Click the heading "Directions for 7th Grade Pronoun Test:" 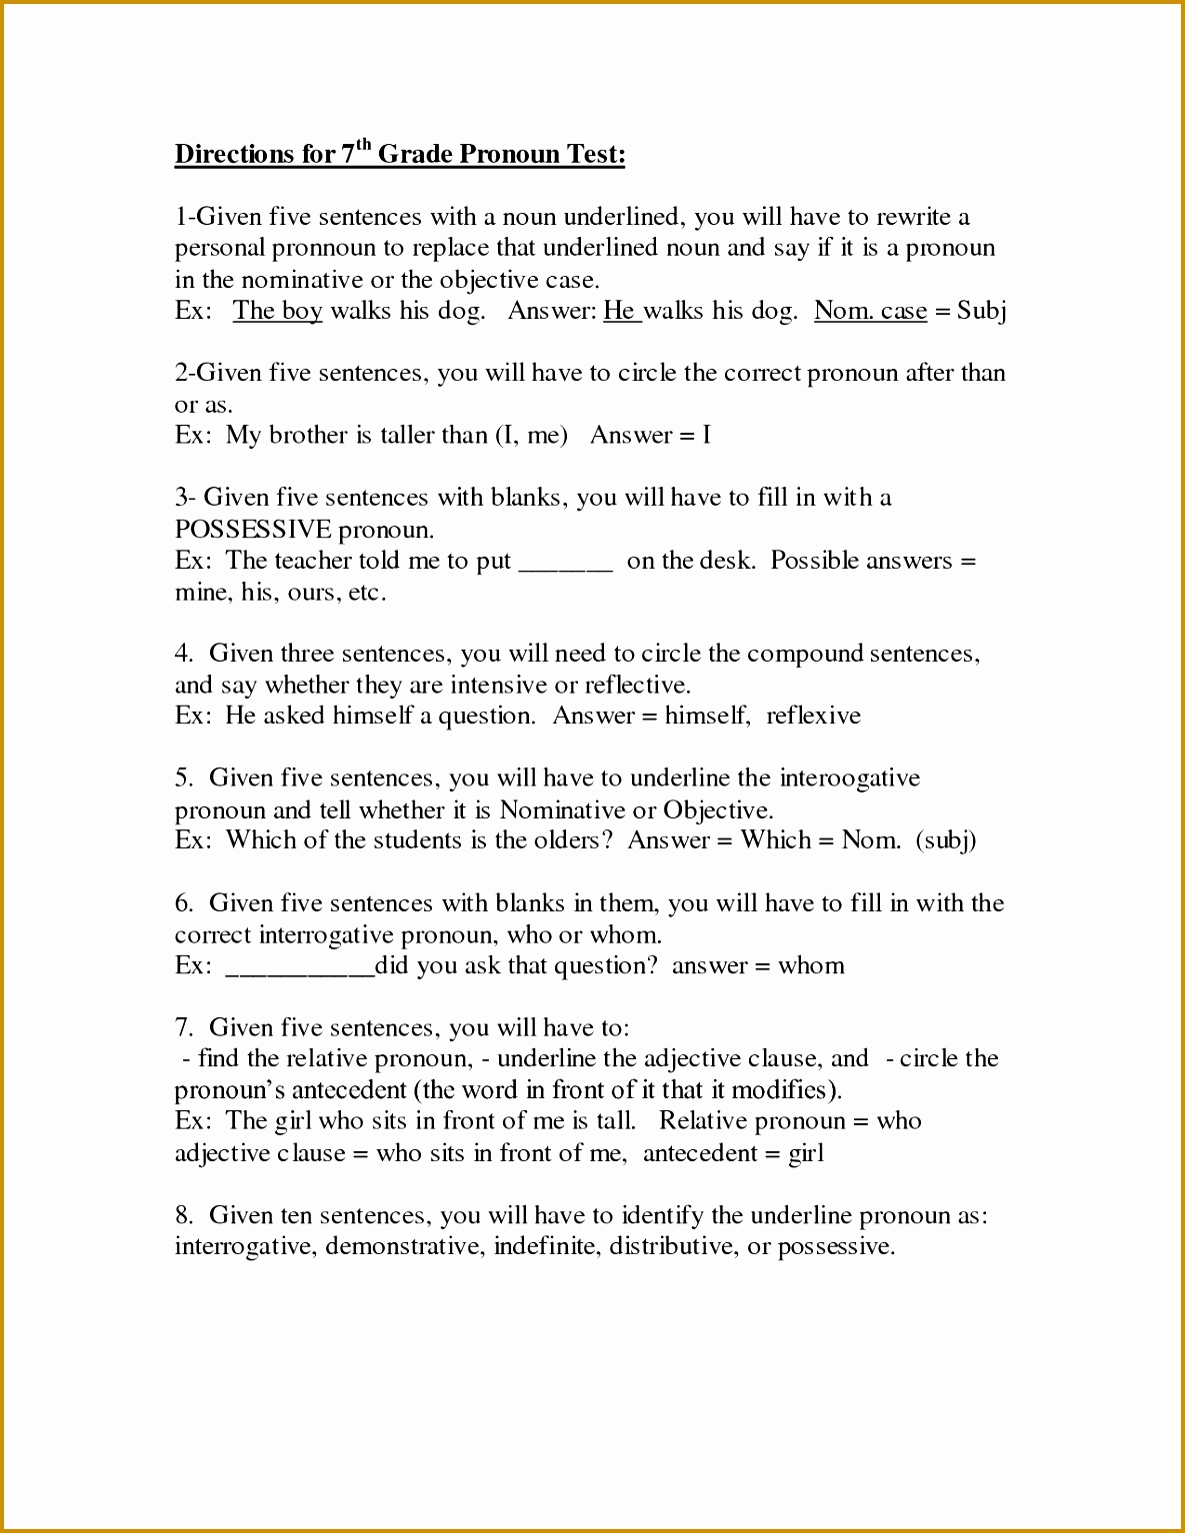(400, 154)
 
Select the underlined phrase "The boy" (277, 311)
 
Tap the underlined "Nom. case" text (870, 311)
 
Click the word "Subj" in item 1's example (981, 311)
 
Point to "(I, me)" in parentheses (531, 436)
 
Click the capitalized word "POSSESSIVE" (252, 529)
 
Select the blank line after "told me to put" (565, 563)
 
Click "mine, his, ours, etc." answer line (280, 593)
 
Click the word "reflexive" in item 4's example (813, 717)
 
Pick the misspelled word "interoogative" (849, 778)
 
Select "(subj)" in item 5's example (946, 840)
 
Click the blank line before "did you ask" (299, 967)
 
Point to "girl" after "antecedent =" (806, 1153)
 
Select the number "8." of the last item (184, 1215)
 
